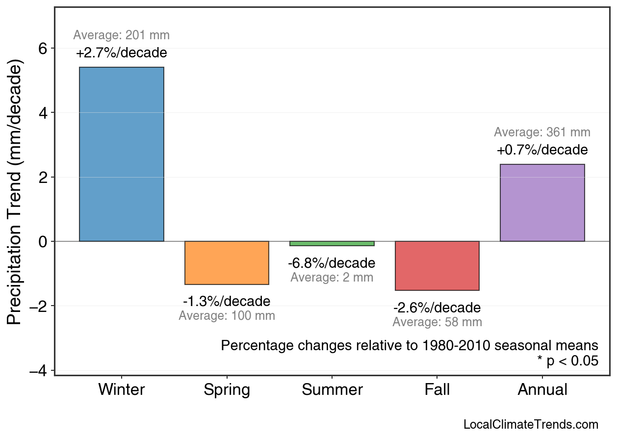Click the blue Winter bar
(x=122, y=154)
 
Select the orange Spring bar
(x=227, y=263)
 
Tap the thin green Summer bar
(x=332, y=243)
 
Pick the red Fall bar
(x=437, y=266)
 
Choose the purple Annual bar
(x=542, y=203)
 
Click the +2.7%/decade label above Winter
(x=122, y=52)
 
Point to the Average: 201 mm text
(x=122, y=35)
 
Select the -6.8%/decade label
(x=332, y=263)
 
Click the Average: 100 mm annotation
(x=227, y=316)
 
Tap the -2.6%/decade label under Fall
(x=437, y=308)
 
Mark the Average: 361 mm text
(x=542, y=132)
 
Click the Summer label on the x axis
(x=332, y=390)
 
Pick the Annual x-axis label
(x=542, y=390)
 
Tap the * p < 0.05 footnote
(x=567, y=361)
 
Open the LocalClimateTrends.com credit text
(x=531, y=425)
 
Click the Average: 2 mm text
(x=332, y=278)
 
